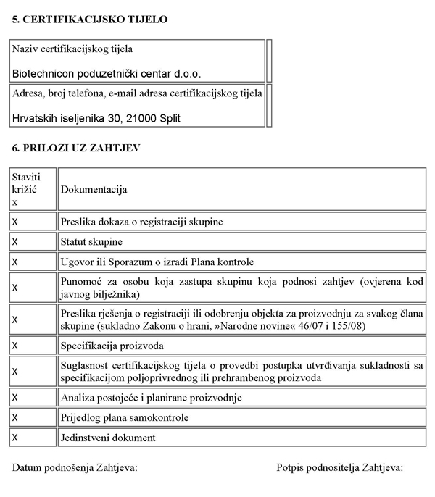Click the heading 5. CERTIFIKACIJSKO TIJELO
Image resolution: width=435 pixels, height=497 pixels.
90,20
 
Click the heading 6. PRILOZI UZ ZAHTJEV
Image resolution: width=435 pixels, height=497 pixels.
76,148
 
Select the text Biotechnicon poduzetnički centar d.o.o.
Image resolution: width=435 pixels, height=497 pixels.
107,73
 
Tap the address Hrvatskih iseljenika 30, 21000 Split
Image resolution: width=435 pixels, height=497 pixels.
96,117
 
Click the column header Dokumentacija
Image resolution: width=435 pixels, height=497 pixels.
94,190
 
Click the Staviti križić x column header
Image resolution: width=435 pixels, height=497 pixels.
26,190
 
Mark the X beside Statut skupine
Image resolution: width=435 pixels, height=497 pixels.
15,241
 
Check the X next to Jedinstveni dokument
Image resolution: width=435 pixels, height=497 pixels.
15,438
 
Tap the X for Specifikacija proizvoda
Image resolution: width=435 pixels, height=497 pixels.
15,346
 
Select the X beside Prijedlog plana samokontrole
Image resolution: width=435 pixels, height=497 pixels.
15,418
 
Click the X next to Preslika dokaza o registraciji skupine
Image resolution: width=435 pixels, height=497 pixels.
15,221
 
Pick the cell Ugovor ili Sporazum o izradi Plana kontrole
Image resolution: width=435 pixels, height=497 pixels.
157,261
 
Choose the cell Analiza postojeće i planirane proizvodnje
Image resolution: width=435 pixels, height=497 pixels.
152,398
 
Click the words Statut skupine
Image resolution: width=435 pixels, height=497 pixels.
91,241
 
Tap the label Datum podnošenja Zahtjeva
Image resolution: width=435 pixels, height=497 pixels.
75,468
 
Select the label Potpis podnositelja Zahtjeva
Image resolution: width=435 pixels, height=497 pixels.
339,468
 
